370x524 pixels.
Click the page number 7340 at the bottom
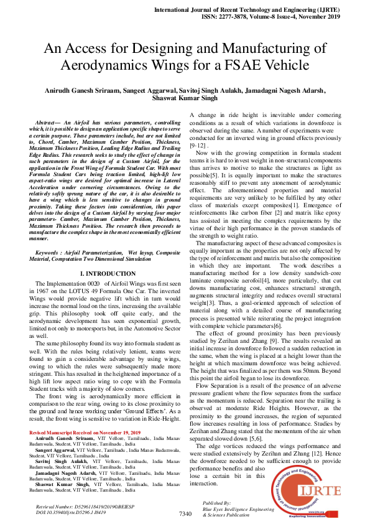point(185,514)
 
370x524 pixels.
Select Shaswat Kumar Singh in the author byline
point(185,97)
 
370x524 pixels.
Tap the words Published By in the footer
point(217,502)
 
